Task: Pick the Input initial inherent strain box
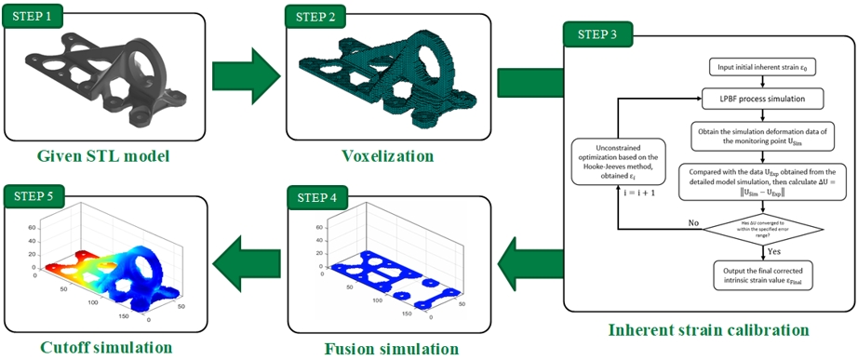click(x=762, y=67)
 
